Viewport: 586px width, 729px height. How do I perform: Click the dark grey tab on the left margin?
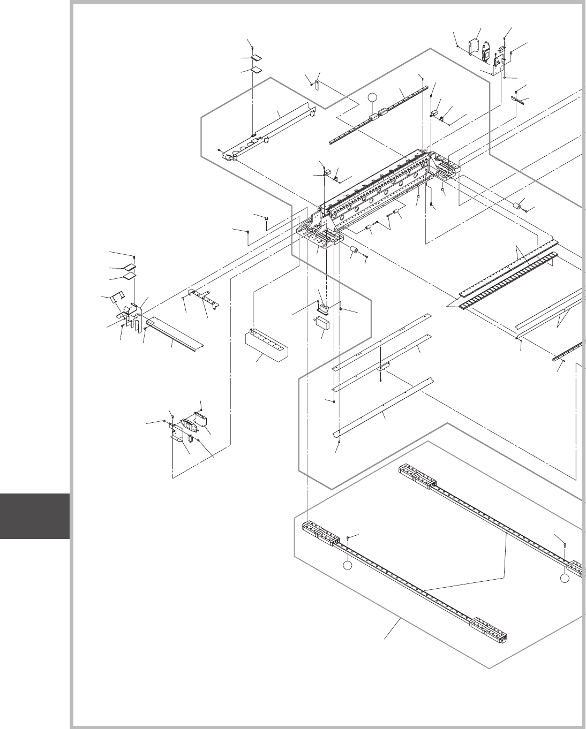[x=35, y=515]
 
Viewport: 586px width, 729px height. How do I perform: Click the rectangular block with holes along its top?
[x=266, y=344]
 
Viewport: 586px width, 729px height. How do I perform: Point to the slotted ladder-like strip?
[x=509, y=280]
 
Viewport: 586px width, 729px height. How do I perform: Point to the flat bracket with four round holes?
[x=202, y=293]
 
